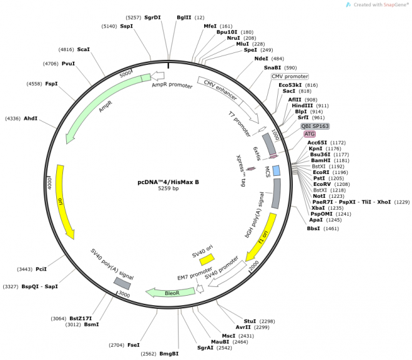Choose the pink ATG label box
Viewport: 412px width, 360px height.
coord(310,134)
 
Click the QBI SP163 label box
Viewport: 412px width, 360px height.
coord(315,125)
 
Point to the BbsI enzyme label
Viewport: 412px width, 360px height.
coord(313,228)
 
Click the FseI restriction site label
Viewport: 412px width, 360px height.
coord(134,344)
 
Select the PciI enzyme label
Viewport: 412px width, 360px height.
coord(41,269)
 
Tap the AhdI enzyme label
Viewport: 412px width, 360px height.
coord(31,118)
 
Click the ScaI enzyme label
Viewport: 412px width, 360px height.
coord(84,49)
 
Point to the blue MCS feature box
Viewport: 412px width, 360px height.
coord(276,170)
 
